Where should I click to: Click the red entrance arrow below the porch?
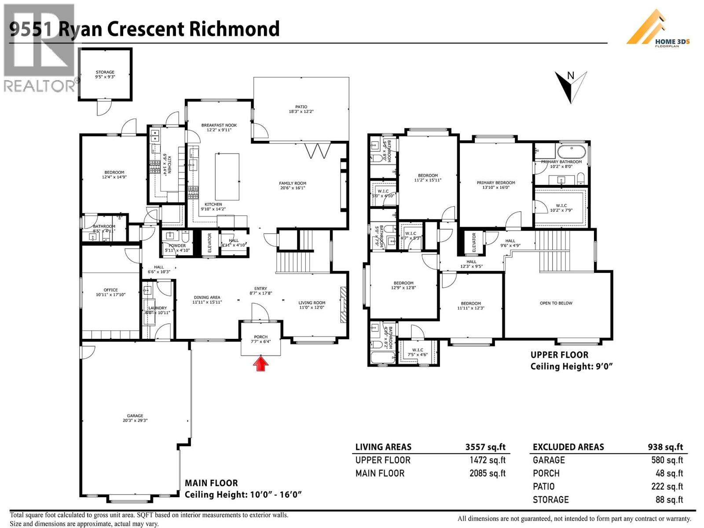[260, 364]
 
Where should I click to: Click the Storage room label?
[105, 74]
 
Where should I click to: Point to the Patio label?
[301, 109]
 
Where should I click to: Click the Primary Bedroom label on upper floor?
[496, 185]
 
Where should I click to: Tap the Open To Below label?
[556, 303]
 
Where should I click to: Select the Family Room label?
[293, 186]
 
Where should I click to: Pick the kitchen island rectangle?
[227, 176]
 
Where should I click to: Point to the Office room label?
[111, 292]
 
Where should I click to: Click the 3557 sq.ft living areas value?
[485, 447]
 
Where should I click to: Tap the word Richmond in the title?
[234, 29]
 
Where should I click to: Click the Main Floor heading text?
[211, 483]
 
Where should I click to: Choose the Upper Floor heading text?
[559, 355]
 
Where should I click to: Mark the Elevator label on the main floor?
[209, 242]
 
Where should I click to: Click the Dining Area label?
[206, 300]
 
